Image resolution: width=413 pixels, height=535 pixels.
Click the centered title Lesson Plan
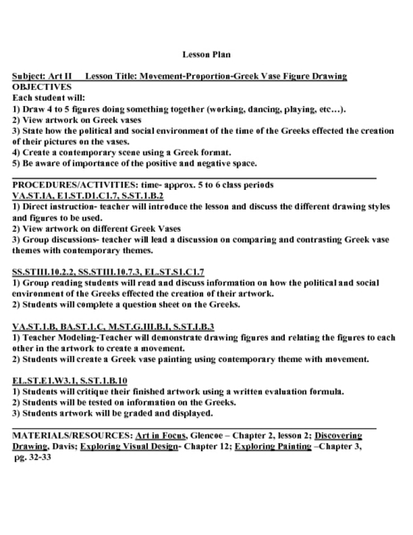coord(206,53)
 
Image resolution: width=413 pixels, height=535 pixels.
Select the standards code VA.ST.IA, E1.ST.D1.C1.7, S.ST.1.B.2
coord(88,194)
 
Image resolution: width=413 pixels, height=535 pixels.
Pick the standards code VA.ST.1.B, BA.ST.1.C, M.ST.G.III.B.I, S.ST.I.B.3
coord(113,326)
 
